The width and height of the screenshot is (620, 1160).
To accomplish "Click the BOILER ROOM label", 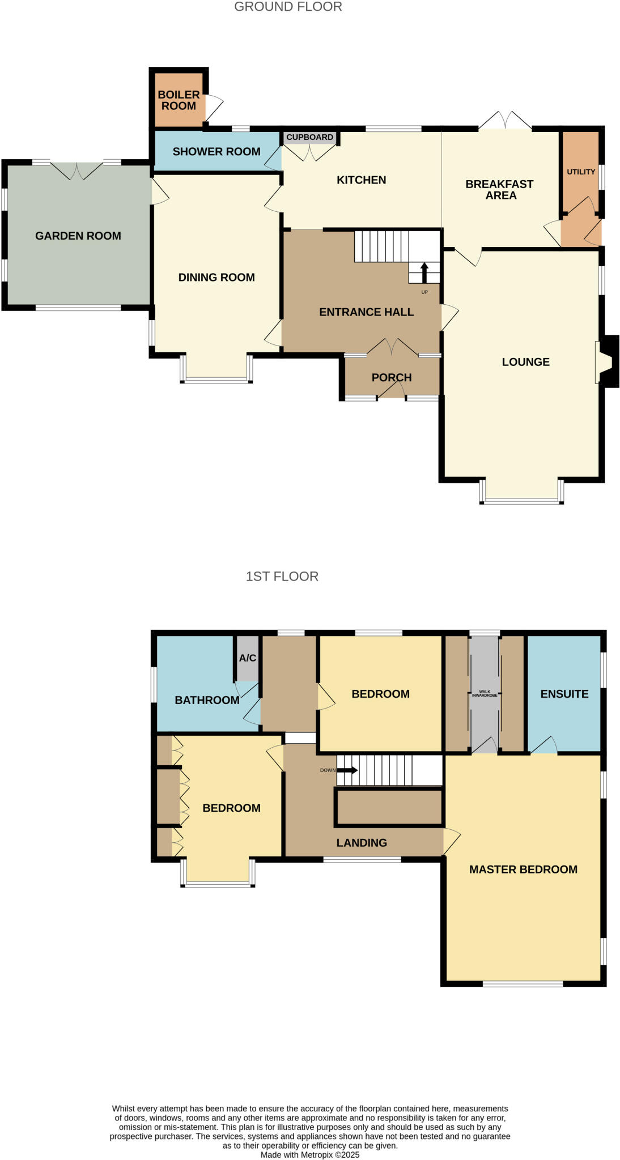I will [179, 100].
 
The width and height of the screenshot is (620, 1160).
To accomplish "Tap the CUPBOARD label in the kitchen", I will [309, 138].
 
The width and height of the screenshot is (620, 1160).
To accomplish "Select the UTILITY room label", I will [581, 172].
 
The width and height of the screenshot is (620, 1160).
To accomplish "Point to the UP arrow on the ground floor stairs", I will [424, 272].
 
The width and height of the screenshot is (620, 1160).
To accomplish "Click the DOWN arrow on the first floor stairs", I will [346, 770].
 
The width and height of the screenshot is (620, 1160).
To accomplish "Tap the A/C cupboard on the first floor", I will [247, 658].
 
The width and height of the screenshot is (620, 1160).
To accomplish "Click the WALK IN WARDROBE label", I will [485, 693].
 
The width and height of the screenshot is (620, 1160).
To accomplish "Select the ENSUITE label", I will [564, 694].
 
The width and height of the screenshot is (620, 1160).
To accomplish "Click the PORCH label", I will [392, 377].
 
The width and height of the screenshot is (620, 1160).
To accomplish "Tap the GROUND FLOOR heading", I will [288, 7].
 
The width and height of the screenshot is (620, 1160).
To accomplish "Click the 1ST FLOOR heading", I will [282, 576].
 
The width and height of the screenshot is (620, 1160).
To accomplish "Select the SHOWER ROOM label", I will [216, 151].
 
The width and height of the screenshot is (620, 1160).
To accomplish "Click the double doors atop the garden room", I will [77, 169].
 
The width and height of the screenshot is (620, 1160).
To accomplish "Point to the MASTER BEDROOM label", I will [523, 869].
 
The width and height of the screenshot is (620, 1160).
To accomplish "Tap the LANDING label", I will [362, 842].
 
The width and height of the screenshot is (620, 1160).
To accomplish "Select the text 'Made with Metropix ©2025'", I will [310, 1154].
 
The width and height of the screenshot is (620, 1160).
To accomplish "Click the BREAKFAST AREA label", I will [500, 189].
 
